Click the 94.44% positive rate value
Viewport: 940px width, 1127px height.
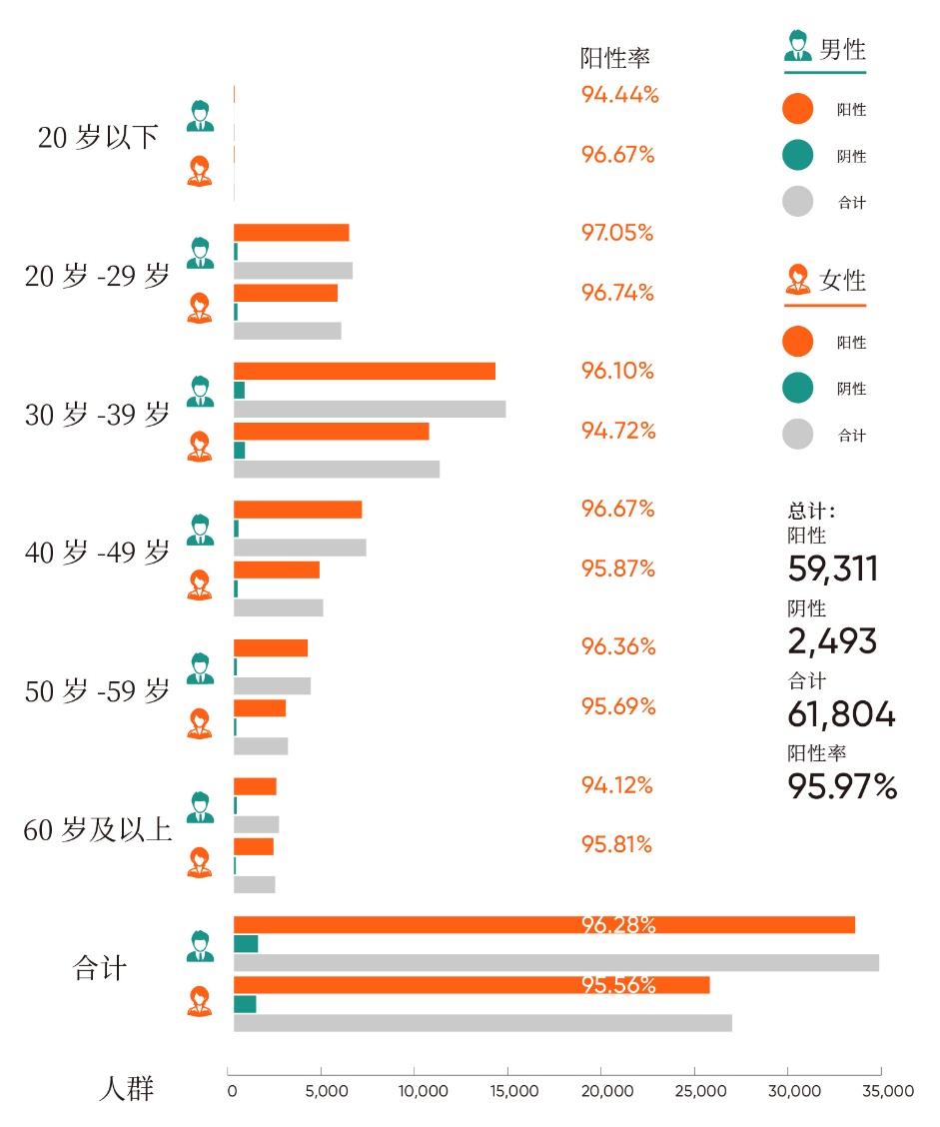coord(619,95)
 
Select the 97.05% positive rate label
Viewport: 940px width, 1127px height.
coord(617,233)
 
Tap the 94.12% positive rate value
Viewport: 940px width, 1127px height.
coord(617,785)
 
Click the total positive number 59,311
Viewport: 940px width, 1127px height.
coord(833,568)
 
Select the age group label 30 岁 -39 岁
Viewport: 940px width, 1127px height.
coord(98,415)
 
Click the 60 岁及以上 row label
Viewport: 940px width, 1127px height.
coord(98,829)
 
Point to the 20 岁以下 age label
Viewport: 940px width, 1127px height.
coord(98,137)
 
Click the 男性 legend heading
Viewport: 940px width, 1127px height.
coord(842,49)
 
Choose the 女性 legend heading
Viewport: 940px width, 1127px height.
coord(842,281)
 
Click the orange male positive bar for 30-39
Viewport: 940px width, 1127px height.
coord(365,371)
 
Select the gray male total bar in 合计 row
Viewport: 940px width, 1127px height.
coord(556,963)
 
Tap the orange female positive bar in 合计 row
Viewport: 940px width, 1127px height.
coord(471,985)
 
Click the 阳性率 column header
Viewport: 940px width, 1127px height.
coord(614,58)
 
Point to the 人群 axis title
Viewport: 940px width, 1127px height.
coord(127,1088)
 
